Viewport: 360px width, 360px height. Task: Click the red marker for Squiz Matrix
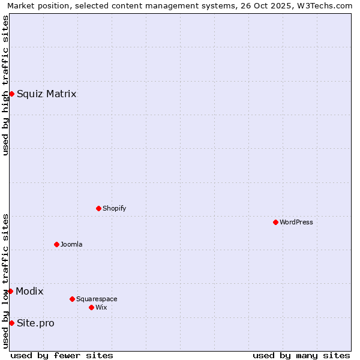pos(11,94)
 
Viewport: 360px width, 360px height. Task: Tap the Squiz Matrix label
pos(46,94)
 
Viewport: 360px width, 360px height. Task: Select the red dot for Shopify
pos(98,208)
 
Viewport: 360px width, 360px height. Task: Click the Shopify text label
pos(114,208)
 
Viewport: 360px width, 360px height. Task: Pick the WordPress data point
pos(275,222)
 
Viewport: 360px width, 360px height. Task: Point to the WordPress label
pos(296,222)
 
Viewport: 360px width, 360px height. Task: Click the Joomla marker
pos(56,244)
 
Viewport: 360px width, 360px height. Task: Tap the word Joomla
pos(71,244)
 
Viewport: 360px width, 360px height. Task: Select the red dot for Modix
pos(10,291)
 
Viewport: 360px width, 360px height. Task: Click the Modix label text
pos(29,291)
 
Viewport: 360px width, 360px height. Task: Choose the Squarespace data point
pos(72,299)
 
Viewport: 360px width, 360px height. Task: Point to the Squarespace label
pos(97,299)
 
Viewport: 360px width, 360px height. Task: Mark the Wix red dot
pos(91,307)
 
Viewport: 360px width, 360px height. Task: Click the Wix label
pos(101,307)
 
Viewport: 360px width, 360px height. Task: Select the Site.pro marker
pos(11,323)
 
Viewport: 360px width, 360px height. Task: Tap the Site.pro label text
pos(35,323)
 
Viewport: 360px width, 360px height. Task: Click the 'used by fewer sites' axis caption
pos(62,355)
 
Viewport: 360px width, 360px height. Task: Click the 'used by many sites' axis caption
pos(301,355)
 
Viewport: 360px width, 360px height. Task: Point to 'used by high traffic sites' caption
pos(5,85)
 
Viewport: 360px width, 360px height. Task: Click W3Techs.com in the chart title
pos(323,5)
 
